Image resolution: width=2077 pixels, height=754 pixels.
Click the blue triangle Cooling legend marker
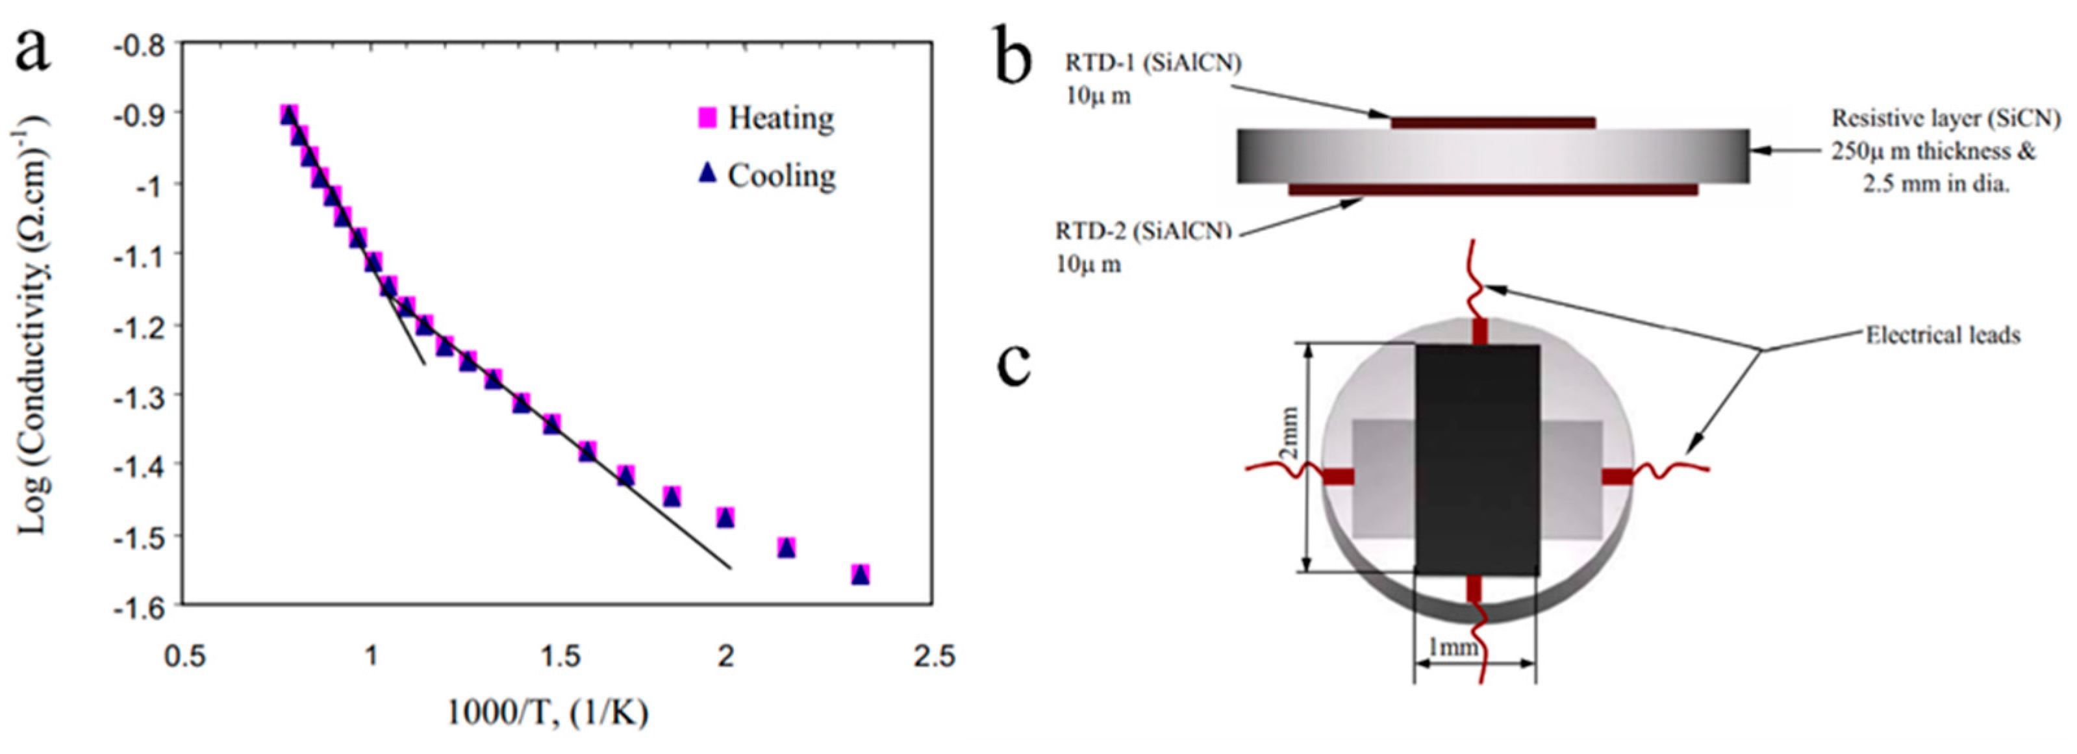click(x=707, y=173)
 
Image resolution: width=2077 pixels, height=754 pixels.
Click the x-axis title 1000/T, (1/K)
click(x=548, y=713)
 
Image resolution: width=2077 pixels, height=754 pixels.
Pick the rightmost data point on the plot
click(x=861, y=574)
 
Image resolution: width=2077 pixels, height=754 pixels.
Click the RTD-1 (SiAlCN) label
click(x=1153, y=63)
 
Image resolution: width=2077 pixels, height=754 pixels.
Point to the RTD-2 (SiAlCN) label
click(x=1143, y=231)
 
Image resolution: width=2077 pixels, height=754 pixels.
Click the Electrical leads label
click(x=1943, y=334)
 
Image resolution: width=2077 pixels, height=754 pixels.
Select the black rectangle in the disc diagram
click(x=1477, y=460)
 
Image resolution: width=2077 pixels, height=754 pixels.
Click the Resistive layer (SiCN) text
click(x=1946, y=119)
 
